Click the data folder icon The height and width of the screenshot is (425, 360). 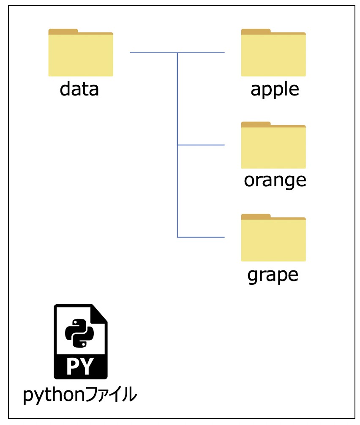tap(81, 52)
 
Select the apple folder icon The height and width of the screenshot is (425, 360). tap(273, 52)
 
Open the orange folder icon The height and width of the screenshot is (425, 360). tap(273, 145)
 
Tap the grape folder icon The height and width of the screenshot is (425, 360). tap(273, 238)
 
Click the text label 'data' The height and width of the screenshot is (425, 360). tap(79, 89)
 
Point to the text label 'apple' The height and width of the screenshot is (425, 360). tap(275, 90)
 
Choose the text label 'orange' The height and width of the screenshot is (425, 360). tap(275, 181)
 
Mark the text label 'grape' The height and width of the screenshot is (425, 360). tap(273, 276)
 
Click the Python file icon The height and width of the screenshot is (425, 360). tap(81, 341)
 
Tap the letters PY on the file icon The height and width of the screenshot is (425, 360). tap(80, 366)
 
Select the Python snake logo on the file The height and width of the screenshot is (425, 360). tap(79, 333)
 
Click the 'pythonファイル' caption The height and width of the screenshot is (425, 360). tap(80, 395)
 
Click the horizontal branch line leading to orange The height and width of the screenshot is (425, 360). tap(201, 145)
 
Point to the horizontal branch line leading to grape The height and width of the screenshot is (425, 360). tap(201, 237)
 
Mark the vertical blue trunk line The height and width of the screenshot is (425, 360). tap(177, 145)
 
